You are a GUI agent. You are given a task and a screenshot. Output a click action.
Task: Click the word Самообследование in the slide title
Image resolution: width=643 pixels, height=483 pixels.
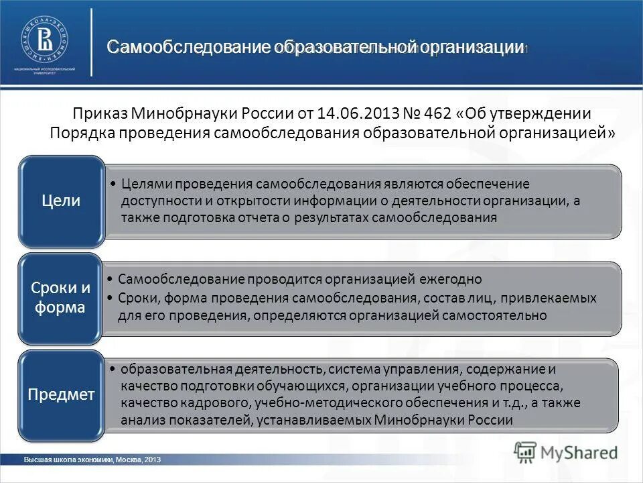coord(189,48)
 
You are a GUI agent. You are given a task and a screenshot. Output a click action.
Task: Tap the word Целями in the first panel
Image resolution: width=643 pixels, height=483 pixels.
coord(144,184)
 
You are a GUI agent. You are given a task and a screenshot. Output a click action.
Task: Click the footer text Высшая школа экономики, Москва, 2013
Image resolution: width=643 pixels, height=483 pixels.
coord(92,460)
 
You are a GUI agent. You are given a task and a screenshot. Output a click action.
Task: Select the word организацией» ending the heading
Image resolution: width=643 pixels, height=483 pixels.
coord(557,131)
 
